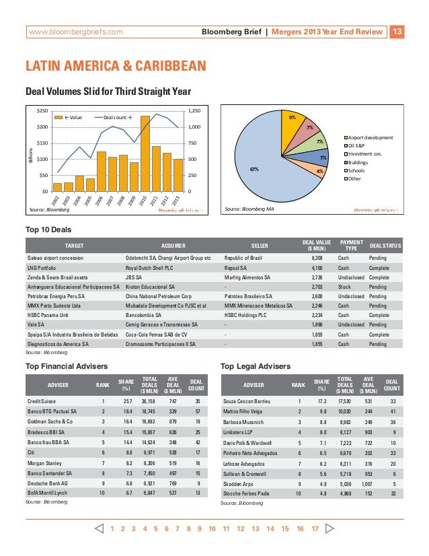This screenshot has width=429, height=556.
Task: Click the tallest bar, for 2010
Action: [145, 153]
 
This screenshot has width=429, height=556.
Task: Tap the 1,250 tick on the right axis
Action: [194, 110]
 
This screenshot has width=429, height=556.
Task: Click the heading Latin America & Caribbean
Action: [116, 66]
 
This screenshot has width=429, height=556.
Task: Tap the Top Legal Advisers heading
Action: [256, 366]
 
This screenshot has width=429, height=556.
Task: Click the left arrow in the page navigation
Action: [100, 528]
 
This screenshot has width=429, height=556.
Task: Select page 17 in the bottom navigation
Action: [314, 529]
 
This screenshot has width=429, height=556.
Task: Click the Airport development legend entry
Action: [370, 137]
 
